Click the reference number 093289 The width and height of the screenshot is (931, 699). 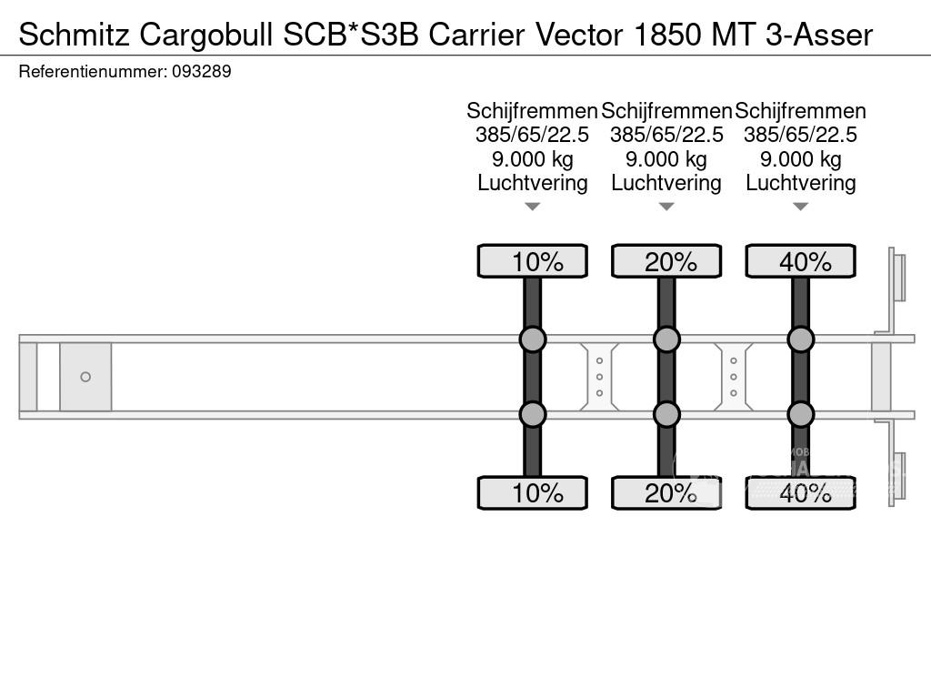click(x=202, y=72)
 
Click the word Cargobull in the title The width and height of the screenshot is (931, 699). click(x=207, y=36)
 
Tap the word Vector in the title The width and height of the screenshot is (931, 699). click(x=580, y=35)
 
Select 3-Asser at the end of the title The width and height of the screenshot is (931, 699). click(x=819, y=35)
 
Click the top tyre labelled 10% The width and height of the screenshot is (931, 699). click(x=533, y=261)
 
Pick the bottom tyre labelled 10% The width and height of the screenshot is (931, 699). click(x=533, y=492)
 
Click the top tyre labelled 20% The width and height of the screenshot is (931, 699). click(x=666, y=261)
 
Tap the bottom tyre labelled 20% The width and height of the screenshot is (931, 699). click(x=666, y=492)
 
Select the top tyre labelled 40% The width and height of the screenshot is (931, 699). click(x=801, y=261)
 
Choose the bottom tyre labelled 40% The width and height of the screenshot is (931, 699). click(x=801, y=492)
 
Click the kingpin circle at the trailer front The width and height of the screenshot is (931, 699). click(x=85, y=377)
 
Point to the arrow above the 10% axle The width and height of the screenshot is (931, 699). click(x=533, y=207)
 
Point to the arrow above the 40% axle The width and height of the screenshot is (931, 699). click(x=801, y=207)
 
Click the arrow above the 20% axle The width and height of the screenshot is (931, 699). click(x=666, y=207)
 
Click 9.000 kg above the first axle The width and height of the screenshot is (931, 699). click(x=533, y=159)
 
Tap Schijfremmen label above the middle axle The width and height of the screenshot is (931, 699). click(x=666, y=111)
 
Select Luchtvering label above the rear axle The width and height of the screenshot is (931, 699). click(x=801, y=183)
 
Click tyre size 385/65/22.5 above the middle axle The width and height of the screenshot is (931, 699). click(x=666, y=135)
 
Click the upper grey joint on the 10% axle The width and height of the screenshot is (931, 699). click(x=533, y=339)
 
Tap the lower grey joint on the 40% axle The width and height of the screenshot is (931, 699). click(x=801, y=414)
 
